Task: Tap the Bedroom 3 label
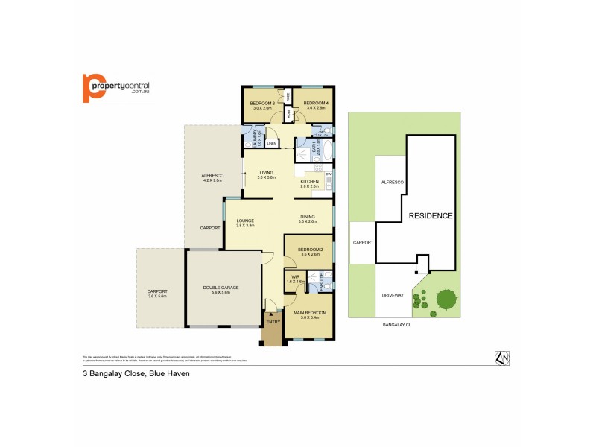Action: tap(261, 103)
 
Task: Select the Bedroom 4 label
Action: tap(312, 103)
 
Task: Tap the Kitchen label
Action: tap(309, 182)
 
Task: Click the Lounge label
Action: tap(246, 221)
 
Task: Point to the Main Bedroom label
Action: tap(309, 313)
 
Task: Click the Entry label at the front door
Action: tap(273, 321)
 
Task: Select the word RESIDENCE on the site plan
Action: tap(431, 216)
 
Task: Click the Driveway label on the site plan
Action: tap(393, 295)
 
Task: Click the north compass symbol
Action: tap(502, 358)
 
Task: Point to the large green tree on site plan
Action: tap(446, 299)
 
